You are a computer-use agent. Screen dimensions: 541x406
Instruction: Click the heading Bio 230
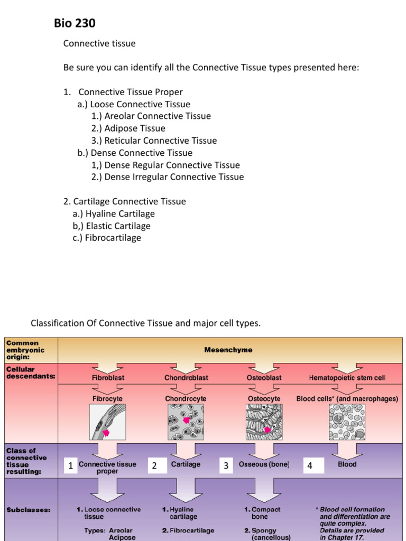(x=75, y=23)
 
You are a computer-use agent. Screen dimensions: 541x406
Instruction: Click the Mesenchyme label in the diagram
(x=228, y=350)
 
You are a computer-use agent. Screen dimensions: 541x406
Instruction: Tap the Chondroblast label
(x=186, y=378)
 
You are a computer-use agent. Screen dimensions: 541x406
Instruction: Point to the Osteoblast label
(x=264, y=378)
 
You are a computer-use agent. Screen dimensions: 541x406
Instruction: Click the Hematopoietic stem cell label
(x=347, y=378)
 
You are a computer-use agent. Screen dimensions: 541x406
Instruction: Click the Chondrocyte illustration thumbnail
(x=186, y=422)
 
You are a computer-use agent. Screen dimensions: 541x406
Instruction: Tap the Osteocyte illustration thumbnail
(x=264, y=422)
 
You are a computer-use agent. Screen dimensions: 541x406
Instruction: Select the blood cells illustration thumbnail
(x=347, y=422)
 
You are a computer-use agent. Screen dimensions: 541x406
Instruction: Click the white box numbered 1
(x=70, y=465)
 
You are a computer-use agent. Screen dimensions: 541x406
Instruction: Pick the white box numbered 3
(x=226, y=465)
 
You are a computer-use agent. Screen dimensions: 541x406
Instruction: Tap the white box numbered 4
(x=310, y=465)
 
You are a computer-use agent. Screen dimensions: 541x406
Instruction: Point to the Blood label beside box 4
(x=347, y=464)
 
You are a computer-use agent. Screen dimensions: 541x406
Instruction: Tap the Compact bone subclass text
(x=263, y=513)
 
